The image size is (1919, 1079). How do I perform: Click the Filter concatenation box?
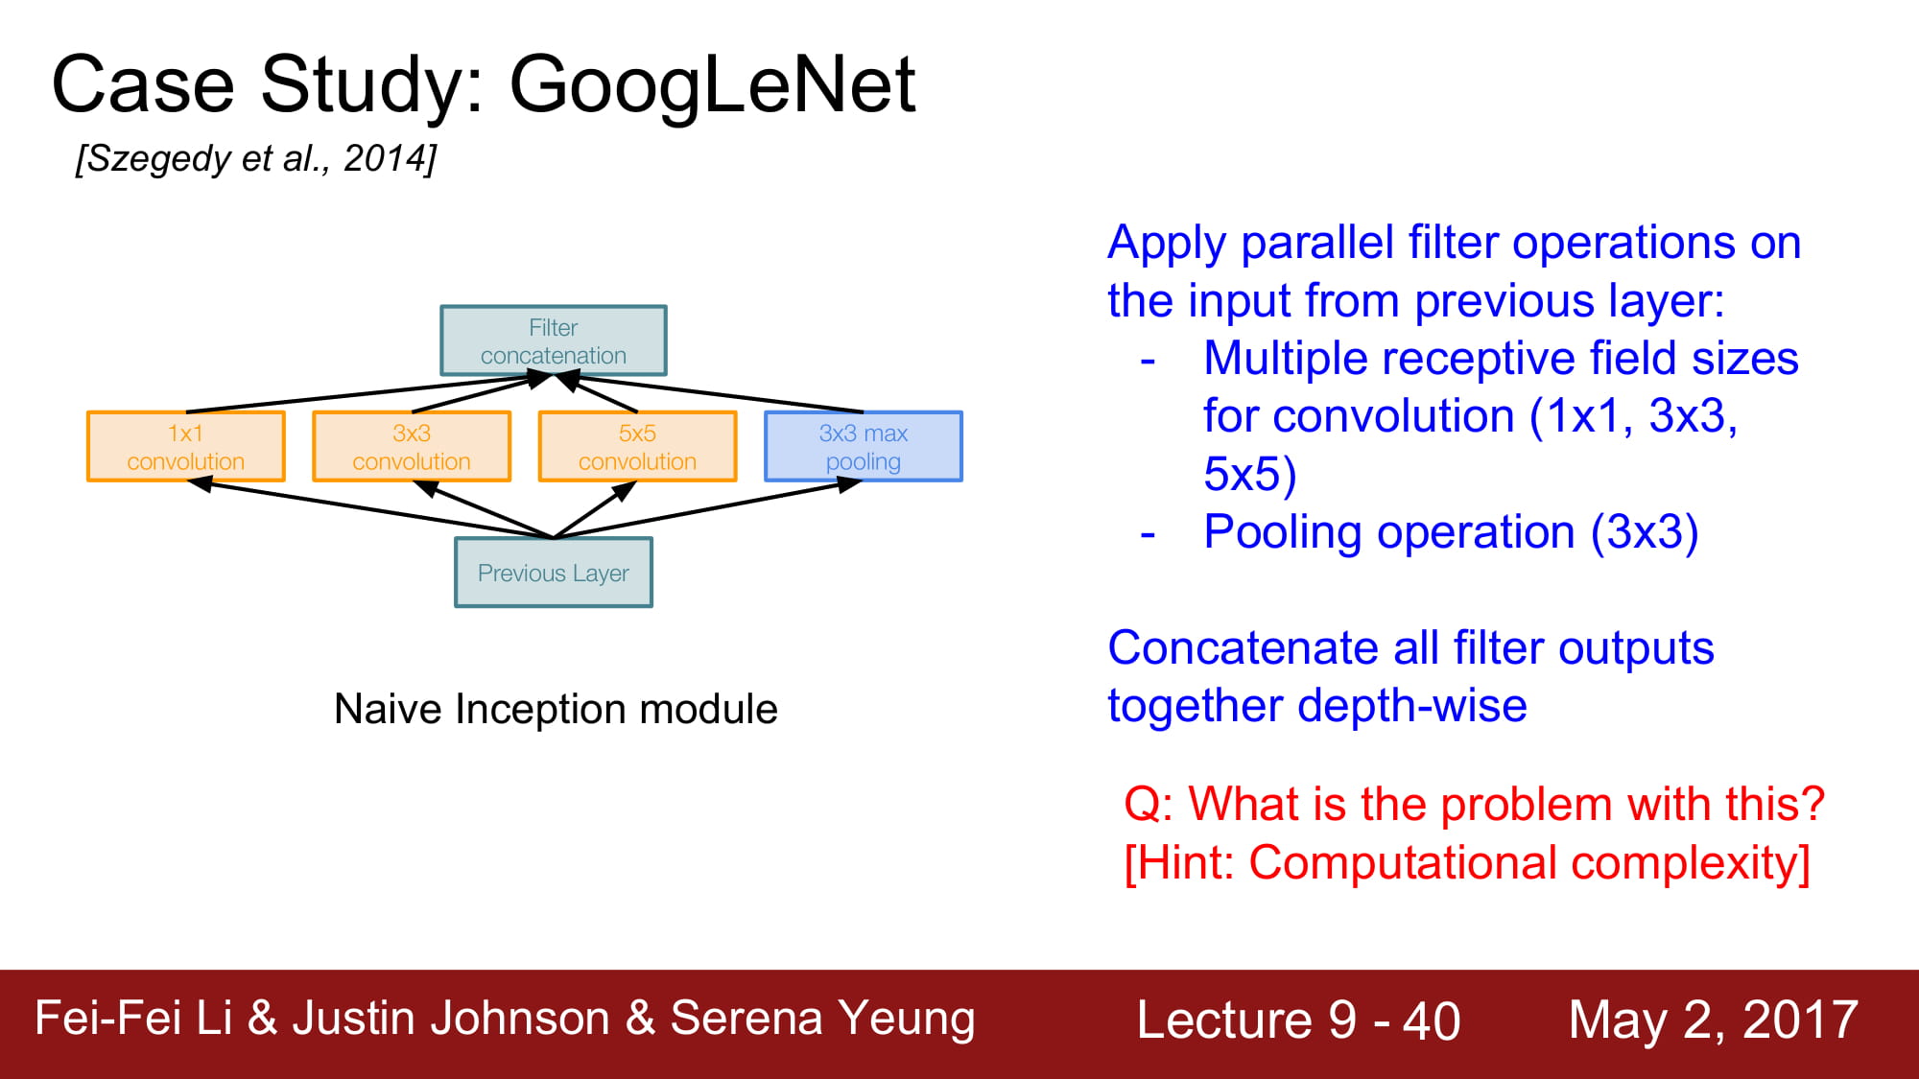pyautogui.click(x=554, y=340)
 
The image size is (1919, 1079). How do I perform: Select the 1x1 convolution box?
pyautogui.click(x=186, y=446)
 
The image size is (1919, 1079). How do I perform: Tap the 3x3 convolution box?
pyautogui.click(x=412, y=446)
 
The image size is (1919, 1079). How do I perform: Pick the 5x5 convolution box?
pyautogui.click(x=638, y=446)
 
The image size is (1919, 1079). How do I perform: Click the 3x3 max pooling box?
pyautogui.click(x=864, y=446)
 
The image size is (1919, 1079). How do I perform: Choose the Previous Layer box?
pyautogui.click(x=554, y=573)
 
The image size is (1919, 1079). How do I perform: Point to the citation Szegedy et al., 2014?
pyautogui.click(x=256, y=158)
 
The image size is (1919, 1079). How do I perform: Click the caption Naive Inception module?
pyautogui.click(x=556, y=710)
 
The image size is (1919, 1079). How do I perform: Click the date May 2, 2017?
pyautogui.click(x=1714, y=1020)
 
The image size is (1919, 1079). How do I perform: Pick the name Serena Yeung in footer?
pyautogui.click(x=822, y=1020)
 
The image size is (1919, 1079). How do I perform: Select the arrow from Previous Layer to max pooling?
pyautogui.click(x=708, y=508)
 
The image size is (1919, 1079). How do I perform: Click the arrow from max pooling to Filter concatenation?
pyautogui.click(x=709, y=393)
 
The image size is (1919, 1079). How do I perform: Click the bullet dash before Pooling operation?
pyautogui.click(x=1148, y=534)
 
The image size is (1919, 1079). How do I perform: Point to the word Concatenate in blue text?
pyautogui.click(x=1244, y=648)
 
